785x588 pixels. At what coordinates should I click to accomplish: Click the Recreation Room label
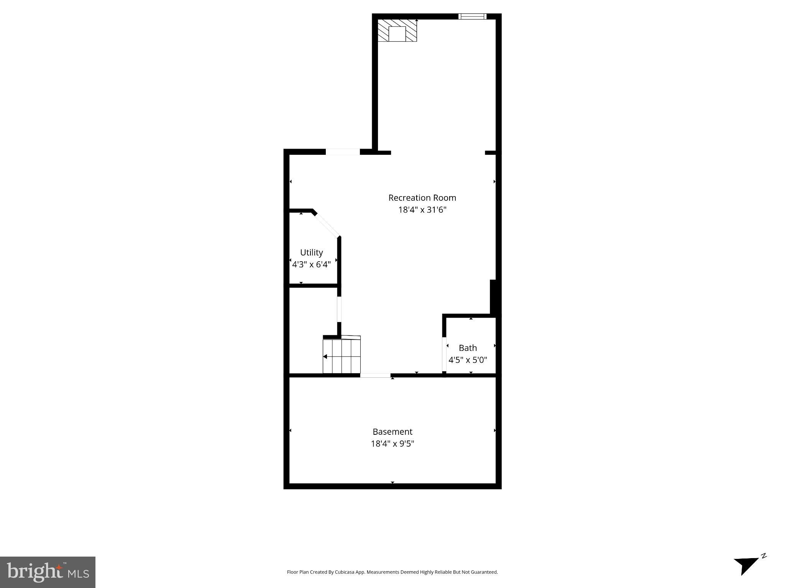[x=422, y=198]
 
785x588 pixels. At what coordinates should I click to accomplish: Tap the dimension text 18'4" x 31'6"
[x=422, y=210]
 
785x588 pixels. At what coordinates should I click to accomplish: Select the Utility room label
[x=311, y=252]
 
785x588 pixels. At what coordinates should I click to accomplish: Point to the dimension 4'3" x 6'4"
[x=311, y=264]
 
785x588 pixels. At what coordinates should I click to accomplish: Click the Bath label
[x=468, y=348]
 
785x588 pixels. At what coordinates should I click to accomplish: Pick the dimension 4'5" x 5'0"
[x=468, y=360]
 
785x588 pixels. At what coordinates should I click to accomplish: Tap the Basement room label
[x=392, y=432]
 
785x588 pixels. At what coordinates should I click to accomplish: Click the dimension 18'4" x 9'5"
[x=392, y=444]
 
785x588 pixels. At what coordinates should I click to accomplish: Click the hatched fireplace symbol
[x=397, y=31]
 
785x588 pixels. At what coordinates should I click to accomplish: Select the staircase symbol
[x=342, y=355]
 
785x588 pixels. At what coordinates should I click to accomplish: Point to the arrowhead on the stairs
[x=325, y=357]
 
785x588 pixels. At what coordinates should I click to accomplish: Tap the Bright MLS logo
[x=48, y=572]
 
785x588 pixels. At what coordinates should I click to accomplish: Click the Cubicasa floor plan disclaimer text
[x=392, y=572]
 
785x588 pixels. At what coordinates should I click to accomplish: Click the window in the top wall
[x=472, y=16]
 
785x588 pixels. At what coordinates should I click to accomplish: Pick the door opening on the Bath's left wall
[x=444, y=354]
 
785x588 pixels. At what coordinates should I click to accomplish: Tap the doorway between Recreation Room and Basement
[x=375, y=375]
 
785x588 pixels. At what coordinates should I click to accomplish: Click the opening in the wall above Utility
[x=343, y=152]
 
